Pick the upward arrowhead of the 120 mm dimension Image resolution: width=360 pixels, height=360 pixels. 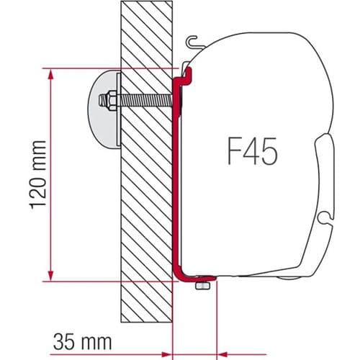click(x=50, y=75)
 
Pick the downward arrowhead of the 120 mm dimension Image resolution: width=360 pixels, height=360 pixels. click(x=50, y=276)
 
